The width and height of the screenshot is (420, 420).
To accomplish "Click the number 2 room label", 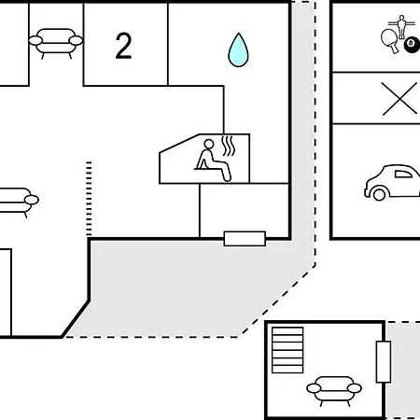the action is point(123,46).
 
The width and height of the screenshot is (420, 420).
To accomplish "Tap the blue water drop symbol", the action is point(238,50).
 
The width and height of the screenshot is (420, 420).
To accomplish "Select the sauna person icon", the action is point(213,160).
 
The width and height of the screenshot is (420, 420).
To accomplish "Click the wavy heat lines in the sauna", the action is point(228,146).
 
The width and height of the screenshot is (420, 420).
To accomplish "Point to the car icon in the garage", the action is point(393,182).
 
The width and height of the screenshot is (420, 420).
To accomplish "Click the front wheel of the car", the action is point(379,195).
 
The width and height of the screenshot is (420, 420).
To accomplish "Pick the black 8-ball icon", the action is point(412,44).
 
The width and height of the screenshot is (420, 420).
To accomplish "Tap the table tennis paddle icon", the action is point(390,40).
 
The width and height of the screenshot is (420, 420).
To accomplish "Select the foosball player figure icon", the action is point(401,27).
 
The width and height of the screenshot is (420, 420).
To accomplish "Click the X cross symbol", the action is point(399,99).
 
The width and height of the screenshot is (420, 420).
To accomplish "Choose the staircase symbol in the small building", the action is point(287,350).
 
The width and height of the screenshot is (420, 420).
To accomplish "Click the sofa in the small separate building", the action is point(334,390).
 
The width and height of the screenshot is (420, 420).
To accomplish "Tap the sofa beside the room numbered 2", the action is point(56,43).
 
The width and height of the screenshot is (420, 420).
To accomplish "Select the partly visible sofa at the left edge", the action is point(19,202).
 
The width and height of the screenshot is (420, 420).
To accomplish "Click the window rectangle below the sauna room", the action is point(245,239).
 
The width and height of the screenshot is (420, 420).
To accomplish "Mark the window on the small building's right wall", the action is point(384,362).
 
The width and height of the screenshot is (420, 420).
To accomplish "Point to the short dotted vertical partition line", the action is point(89,199).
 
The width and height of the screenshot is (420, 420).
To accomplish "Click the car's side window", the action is point(403,174).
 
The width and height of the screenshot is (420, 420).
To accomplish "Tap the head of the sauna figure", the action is point(209,144).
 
